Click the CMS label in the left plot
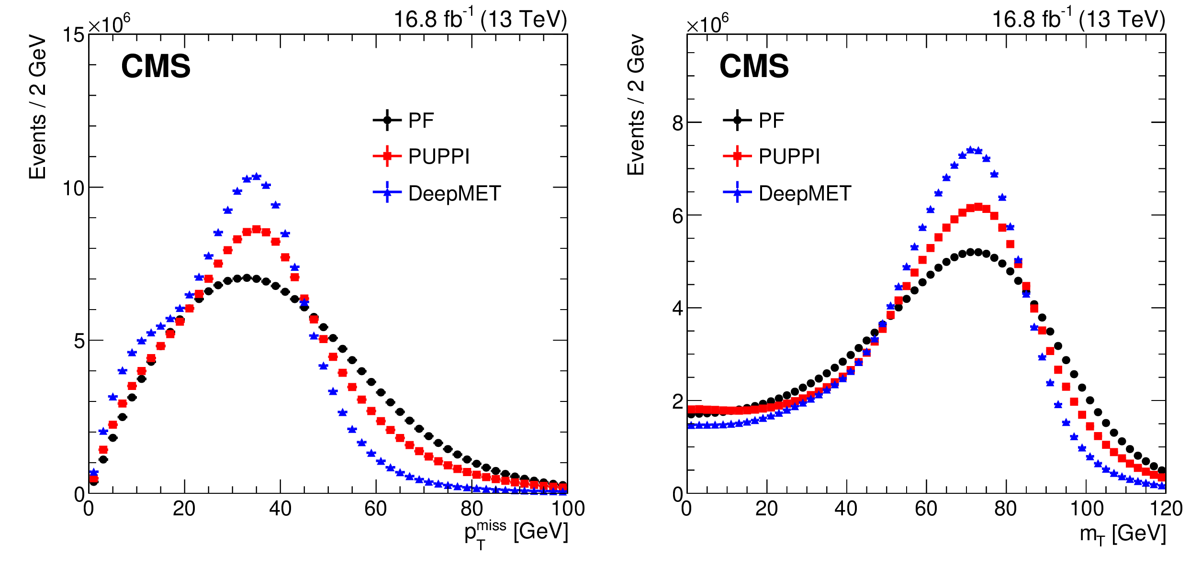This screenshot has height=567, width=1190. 156,66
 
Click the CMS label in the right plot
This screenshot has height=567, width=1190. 754,66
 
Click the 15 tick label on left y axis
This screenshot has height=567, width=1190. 73,35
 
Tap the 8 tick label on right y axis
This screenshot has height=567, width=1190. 677,123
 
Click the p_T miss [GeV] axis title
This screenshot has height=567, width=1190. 516,533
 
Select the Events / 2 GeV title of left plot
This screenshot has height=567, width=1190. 37,107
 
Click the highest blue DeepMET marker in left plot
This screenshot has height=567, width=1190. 257,177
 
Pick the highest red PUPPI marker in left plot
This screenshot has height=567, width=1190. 257,230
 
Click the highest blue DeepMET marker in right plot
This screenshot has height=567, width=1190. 970,150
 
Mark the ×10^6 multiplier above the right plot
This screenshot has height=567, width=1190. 707,23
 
